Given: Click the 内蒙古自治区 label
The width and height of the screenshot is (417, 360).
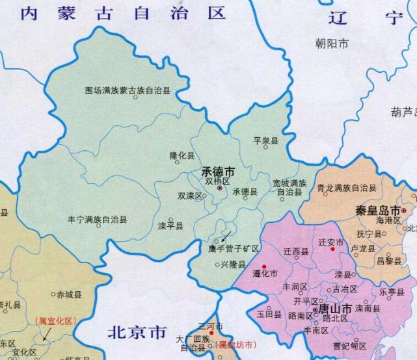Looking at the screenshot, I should coord(122,14).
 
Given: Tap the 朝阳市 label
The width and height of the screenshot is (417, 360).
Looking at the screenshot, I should coord(331,44).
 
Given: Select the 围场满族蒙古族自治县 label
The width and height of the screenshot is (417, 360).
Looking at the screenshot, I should coord(128,91).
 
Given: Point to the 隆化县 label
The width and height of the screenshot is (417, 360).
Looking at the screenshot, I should coord(182,156).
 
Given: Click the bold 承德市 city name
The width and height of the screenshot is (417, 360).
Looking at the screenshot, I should coord(217,174).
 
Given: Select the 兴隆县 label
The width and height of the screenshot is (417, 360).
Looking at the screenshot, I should coord(232,265).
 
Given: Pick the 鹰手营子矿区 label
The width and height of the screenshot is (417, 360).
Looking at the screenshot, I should coord(234,249).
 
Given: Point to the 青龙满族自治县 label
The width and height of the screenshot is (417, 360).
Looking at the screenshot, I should coord(346,188).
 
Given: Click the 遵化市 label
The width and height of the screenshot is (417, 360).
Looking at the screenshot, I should coord(265,274).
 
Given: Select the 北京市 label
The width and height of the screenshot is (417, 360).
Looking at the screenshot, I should coord(137,334).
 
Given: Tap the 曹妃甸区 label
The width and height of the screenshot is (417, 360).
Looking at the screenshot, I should coord(346,345).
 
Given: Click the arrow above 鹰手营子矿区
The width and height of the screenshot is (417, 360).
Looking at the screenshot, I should coord(225,235).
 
